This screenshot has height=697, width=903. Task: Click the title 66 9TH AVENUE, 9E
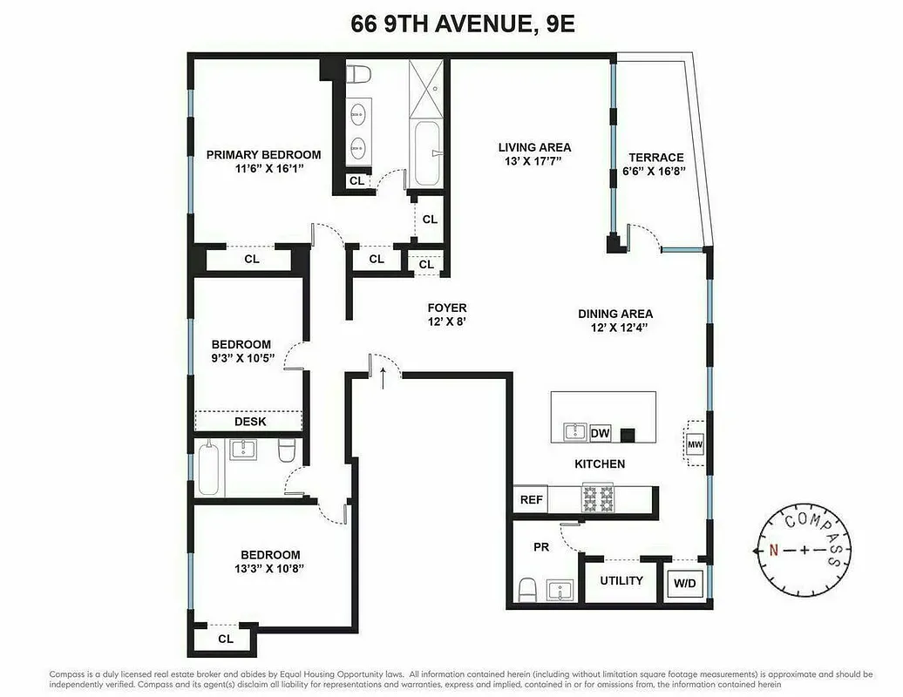[x=451, y=23]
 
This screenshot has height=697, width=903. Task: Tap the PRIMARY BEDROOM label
[x=263, y=155]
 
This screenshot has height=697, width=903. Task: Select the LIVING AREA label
[x=534, y=147]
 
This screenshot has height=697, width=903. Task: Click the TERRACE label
[x=656, y=158]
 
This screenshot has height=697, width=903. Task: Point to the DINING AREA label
[x=614, y=314]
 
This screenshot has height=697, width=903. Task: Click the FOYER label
[x=447, y=308]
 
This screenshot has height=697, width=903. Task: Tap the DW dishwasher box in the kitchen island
[x=600, y=432]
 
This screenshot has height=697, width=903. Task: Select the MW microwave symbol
[x=695, y=444]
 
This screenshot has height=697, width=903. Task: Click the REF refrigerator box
[x=531, y=499]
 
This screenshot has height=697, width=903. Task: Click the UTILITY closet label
[x=621, y=580]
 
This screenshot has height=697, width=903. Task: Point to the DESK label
[x=250, y=422]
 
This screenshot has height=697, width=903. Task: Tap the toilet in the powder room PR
[x=527, y=590]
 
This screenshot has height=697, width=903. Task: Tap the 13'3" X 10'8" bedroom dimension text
[x=270, y=568]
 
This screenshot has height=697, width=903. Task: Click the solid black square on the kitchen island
[x=627, y=433]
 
